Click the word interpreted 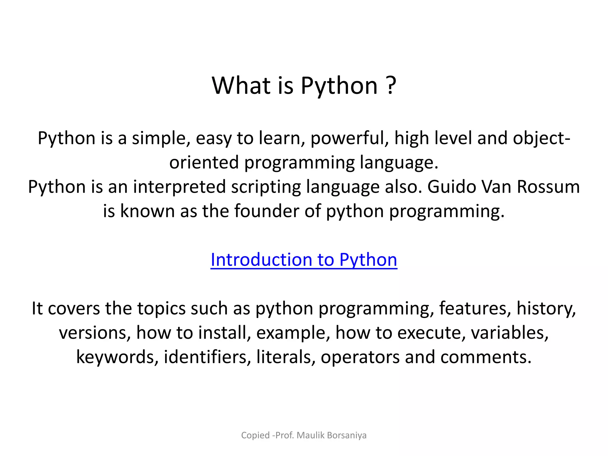click(179, 187)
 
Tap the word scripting click(266, 187)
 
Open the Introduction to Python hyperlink click(304, 260)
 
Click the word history click(546, 308)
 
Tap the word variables click(510, 332)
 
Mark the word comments click(486, 357)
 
